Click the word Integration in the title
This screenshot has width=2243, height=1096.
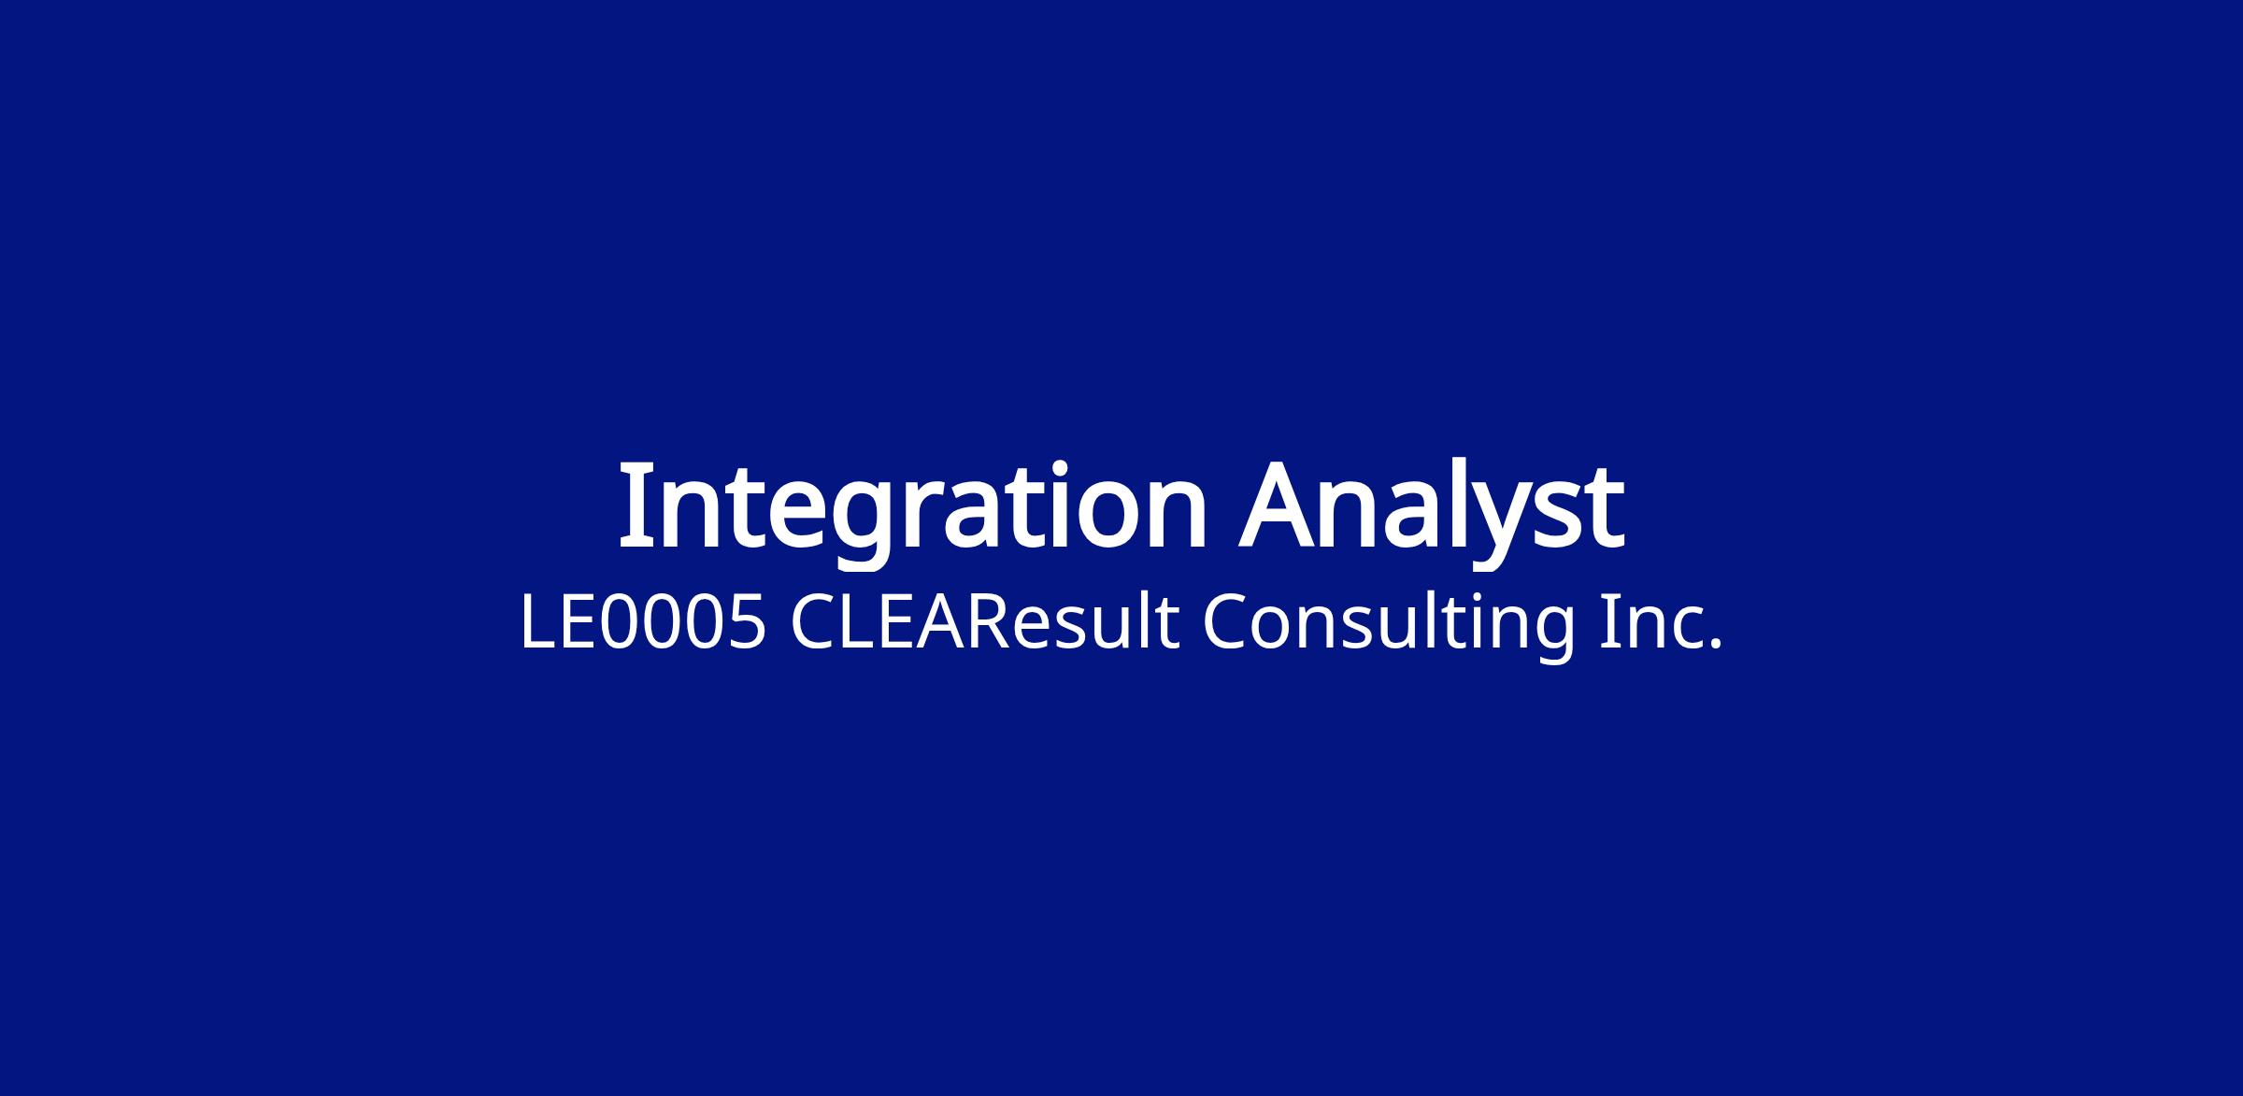tap(913, 512)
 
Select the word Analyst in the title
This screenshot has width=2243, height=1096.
tap(1432, 512)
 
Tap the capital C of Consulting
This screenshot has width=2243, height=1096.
tap(1224, 622)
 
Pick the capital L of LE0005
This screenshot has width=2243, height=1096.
tap(537, 622)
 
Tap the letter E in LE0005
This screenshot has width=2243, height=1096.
tap(579, 622)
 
